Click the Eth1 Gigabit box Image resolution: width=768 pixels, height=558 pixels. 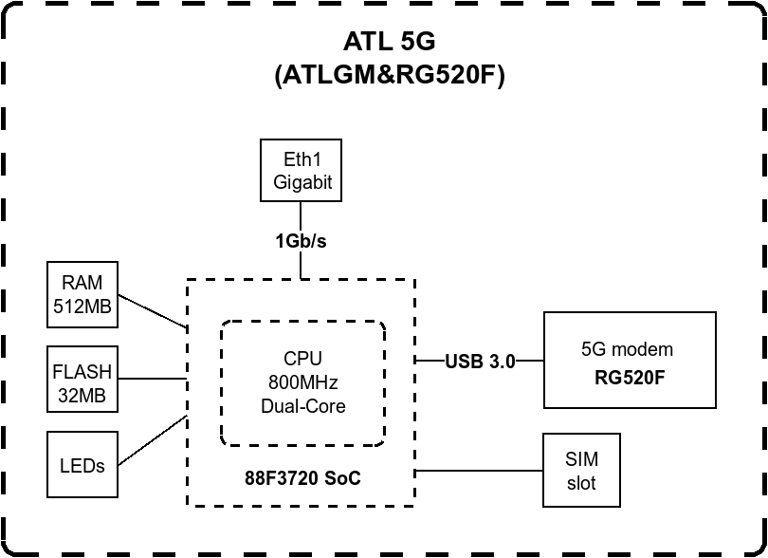(x=302, y=171)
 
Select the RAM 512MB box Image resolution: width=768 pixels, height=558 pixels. (x=83, y=294)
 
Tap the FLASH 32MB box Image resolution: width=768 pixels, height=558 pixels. (x=83, y=380)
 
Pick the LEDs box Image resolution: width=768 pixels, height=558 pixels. (x=83, y=465)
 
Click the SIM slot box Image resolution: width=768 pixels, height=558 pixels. (x=581, y=471)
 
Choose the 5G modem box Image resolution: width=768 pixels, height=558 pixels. (x=629, y=360)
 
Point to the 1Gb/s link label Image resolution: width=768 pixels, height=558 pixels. (x=302, y=241)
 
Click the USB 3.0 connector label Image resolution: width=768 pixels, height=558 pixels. (x=480, y=361)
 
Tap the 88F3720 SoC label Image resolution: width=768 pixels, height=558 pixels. (x=302, y=478)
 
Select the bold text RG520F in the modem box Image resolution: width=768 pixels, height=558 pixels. (x=629, y=377)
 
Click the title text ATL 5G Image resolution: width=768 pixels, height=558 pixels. (x=389, y=42)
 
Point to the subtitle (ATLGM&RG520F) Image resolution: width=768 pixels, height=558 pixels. (x=389, y=76)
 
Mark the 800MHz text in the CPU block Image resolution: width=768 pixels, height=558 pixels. (x=302, y=382)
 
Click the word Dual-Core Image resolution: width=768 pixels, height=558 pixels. (x=302, y=405)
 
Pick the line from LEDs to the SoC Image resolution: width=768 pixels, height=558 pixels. (x=152, y=440)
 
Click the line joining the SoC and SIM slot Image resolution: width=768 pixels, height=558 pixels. (x=479, y=470)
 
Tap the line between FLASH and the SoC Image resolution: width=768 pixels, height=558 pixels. (x=152, y=380)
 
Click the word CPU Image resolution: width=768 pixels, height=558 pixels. (x=302, y=359)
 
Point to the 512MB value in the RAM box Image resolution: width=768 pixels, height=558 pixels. (x=83, y=306)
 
